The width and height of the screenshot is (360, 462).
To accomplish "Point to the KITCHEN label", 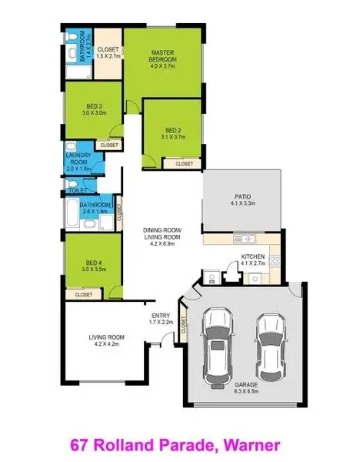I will [253, 256].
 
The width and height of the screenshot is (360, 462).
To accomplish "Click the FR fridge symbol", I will [209, 282].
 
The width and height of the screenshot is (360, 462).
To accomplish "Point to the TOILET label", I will [76, 190].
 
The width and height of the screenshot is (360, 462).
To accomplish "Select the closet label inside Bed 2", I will [184, 164].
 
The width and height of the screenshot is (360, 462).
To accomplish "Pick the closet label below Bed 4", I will [84, 294].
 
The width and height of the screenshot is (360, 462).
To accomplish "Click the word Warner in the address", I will [248, 444].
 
